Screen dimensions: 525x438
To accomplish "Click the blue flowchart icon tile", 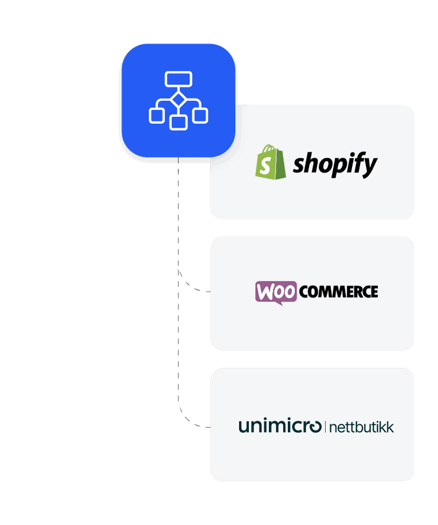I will tap(178, 100).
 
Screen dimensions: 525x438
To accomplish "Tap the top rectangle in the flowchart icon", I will tap(178, 79).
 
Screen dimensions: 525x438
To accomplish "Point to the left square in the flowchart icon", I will tap(157, 115).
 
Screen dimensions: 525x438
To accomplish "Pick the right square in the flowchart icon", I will tap(200, 115).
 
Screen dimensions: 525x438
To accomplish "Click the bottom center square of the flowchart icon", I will tap(178, 122).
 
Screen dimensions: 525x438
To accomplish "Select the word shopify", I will tap(335, 164).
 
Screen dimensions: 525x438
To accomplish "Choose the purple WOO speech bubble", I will tap(276, 292).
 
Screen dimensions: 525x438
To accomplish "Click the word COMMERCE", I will tap(338, 292).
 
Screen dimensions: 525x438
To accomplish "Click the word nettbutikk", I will tap(361, 427).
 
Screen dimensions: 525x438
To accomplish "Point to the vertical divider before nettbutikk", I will tap(325, 427).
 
